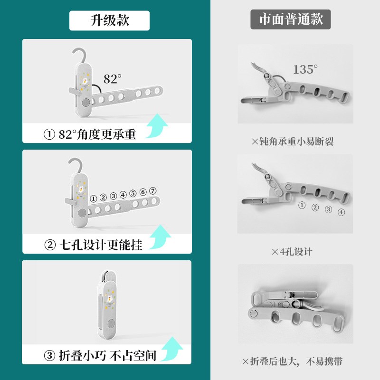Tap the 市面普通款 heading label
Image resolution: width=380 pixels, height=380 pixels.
click(x=291, y=19)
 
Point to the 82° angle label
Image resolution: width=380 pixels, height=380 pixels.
click(x=113, y=79)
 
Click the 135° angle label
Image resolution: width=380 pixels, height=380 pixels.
click(x=304, y=69)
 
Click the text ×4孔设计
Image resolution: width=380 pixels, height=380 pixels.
click(x=292, y=252)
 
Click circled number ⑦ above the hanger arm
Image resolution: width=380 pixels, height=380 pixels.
click(x=152, y=191)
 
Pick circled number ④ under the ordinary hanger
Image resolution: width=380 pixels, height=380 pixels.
click(x=341, y=212)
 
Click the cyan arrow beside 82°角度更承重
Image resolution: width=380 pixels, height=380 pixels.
click(x=157, y=125)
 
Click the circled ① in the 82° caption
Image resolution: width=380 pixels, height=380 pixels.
click(x=49, y=134)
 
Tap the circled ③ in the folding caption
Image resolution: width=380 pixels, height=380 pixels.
click(x=49, y=356)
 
